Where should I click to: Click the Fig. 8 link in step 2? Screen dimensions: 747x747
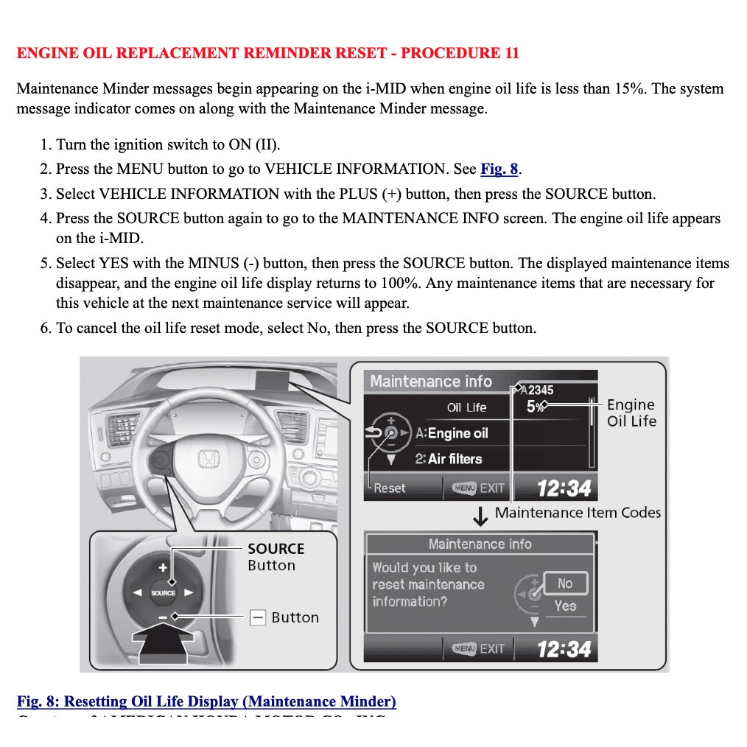tap(499, 169)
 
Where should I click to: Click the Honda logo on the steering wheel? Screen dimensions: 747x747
tap(208, 460)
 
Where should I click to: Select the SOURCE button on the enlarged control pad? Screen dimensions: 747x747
tap(164, 592)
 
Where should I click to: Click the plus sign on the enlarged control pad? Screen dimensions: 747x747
tap(164, 567)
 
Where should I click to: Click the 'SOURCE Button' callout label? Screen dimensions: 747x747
tap(275, 557)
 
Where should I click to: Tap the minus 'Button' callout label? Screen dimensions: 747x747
tap(294, 617)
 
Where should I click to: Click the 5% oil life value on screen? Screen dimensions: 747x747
tap(535, 407)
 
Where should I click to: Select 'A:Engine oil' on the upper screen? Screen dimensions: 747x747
tap(452, 433)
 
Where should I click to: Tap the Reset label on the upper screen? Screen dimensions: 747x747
tap(389, 488)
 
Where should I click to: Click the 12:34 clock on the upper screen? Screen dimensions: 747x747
tap(564, 488)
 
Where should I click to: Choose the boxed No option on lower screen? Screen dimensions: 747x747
tap(565, 583)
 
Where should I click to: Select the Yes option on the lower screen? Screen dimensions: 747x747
tap(565, 606)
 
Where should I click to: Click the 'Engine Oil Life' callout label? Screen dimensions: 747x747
tap(631, 413)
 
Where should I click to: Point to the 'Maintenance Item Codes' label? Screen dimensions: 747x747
tap(578, 513)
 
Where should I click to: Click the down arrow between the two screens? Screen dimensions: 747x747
tap(480, 516)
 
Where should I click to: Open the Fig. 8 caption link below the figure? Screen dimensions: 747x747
tap(206, 701)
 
